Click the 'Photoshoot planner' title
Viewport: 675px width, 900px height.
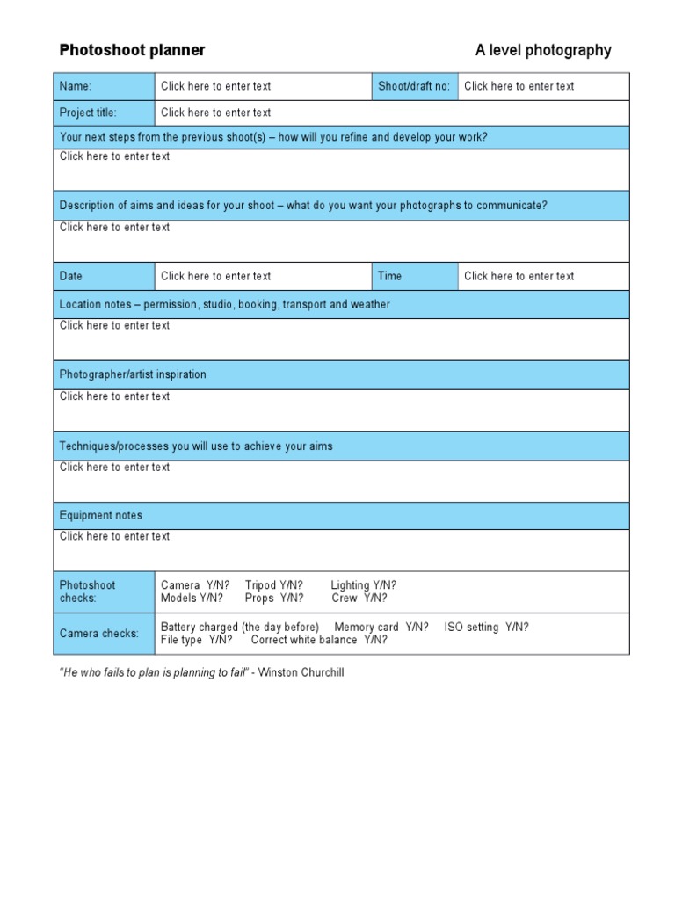click(132, 51)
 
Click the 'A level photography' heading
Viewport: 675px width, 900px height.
click(543, 51)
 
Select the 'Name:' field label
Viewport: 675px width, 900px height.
click(76, 86)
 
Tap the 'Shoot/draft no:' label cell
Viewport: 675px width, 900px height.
click(414, 86)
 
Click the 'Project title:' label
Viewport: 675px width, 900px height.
click(88, 112)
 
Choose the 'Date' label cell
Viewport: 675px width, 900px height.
click(71, 276)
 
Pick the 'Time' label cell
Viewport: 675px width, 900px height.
click(390, 276)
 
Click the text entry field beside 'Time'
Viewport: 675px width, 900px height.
click(519, 276)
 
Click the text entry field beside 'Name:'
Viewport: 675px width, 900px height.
click(216, 86)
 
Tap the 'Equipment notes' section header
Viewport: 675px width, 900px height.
click(101, 516)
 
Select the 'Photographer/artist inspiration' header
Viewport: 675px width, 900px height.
click(133, 374)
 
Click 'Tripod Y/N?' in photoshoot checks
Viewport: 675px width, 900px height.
click(274, 585)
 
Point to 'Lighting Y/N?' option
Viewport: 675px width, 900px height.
click(364, 585)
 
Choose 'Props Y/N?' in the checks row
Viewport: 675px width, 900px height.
click(274, 599)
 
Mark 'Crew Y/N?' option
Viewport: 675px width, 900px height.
click(359, 599)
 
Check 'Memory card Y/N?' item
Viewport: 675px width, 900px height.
click(381, 628)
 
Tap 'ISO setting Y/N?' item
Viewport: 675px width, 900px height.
click(487, 628)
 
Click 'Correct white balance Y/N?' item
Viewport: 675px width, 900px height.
click(319, 641)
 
